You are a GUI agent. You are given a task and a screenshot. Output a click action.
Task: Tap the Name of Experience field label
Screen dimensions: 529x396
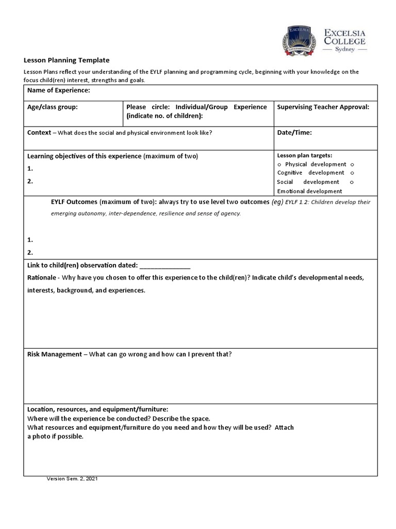click(58, 90)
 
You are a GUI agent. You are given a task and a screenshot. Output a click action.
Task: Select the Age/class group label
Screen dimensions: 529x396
click(52, 107)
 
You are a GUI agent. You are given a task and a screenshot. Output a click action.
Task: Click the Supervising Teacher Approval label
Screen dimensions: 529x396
click(323, 107)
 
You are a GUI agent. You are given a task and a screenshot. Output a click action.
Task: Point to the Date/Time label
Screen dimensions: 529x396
click(294, 133)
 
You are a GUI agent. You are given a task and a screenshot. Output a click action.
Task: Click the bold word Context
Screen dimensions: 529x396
click(39, 133)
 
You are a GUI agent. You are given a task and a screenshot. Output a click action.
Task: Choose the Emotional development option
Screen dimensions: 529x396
click(309, 191)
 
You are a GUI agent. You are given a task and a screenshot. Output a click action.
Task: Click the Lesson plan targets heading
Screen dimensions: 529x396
click(304, 155)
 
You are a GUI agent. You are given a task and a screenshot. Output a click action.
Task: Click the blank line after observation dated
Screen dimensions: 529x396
click(164, 266)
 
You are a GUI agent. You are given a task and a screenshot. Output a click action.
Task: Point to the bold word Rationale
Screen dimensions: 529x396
click(41, 278)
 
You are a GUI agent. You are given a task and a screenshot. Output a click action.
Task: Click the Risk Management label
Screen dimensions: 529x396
click(54, 354)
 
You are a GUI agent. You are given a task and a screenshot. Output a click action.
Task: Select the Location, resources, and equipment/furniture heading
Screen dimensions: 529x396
click(97, 409)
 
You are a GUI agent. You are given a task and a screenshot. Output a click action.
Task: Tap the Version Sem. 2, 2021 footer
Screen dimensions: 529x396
click(72, 479)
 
